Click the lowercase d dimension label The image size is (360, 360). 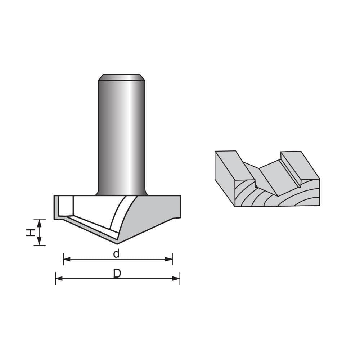116,254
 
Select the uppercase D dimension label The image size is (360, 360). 117,274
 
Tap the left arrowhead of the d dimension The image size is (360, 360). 66,259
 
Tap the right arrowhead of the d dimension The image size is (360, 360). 170,259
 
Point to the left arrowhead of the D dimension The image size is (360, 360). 58,278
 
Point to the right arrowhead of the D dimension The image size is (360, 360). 177,278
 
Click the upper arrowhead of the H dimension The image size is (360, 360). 40,222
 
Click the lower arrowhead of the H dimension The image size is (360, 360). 40,242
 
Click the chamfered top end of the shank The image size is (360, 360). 122,77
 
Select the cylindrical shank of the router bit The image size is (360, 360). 122,137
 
